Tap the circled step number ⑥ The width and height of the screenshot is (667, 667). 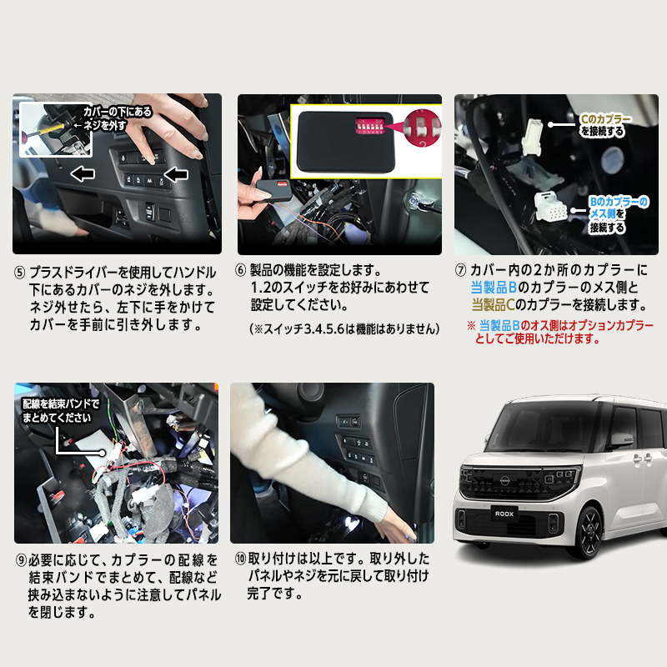[x=240, y=271]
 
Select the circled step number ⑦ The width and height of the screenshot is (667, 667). [x=460, y=271]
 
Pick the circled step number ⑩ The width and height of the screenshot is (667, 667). [x=238, y=559]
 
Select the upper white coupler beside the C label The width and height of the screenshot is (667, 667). [x=534, y=136]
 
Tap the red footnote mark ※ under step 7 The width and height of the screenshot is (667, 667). [x=470, y=325]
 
